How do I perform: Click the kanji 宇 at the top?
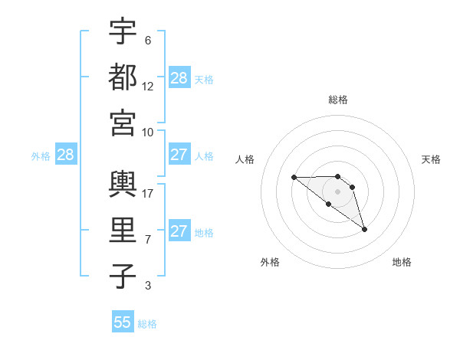(x=123, y=31)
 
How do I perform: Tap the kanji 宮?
(x=123, y=123)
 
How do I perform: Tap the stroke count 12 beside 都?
(x=148, y=87)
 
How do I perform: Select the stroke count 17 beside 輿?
(x=148, y=194)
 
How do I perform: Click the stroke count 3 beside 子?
(x=148, y=286)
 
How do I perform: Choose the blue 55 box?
(x=123, y=322)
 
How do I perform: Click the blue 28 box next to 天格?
(x=179, y=78)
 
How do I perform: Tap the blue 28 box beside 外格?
(x=66, y=155)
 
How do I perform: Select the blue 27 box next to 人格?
(x=179, y=155)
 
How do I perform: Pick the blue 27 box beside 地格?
(x=179, y=231)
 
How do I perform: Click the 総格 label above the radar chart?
(x=338, y=100)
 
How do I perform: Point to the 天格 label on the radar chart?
(x=431, y=159)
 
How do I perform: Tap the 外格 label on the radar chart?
(x=270, y=262)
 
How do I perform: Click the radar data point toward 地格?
(x=364, y=229)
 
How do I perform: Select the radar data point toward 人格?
(x=294, y=178)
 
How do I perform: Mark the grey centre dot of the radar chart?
(x=338, y=191)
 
